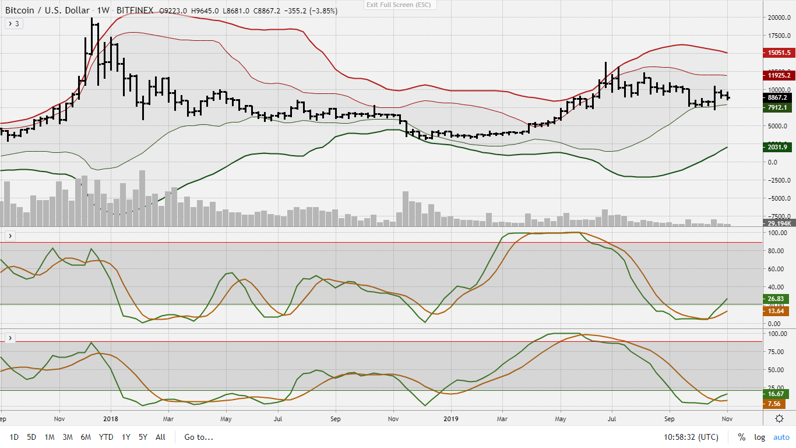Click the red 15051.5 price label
[777, 52]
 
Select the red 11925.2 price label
[777, 75]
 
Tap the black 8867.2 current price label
[777, 97]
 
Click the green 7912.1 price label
[777, 107]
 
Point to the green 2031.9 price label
[777, 147]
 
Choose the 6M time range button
[86, 437]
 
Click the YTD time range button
[106, 437]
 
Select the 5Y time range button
[143, 437]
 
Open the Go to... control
[199, 437]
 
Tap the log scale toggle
[759, 437]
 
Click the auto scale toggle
[781, 437]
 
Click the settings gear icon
[779, 418]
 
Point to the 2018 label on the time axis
[110, 418]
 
